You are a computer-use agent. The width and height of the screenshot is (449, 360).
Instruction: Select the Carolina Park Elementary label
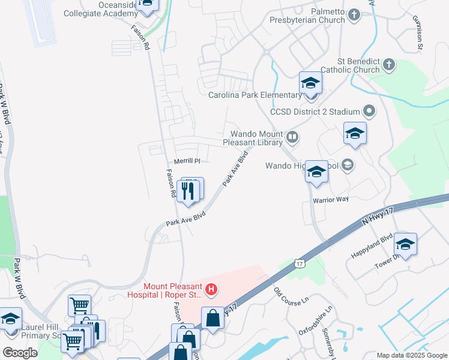coord(255,95)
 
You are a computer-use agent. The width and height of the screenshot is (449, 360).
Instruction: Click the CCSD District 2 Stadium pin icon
coord(369,112)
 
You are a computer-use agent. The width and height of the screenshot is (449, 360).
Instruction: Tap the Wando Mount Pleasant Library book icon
coord(292,138)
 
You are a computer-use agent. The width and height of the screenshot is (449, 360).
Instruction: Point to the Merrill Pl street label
coord(187,161)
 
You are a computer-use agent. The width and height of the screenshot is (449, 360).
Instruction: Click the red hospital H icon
coord(211,290)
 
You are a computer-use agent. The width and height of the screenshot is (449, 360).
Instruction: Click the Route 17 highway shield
coord(298,263)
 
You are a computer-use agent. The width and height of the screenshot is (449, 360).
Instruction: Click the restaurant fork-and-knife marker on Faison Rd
coord(187,191)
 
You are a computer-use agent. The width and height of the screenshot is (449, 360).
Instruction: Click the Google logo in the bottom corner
coord(20,352)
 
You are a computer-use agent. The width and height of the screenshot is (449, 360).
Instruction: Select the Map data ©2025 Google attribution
coord(412,355)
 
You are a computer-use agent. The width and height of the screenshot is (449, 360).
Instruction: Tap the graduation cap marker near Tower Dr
coord(406,245)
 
